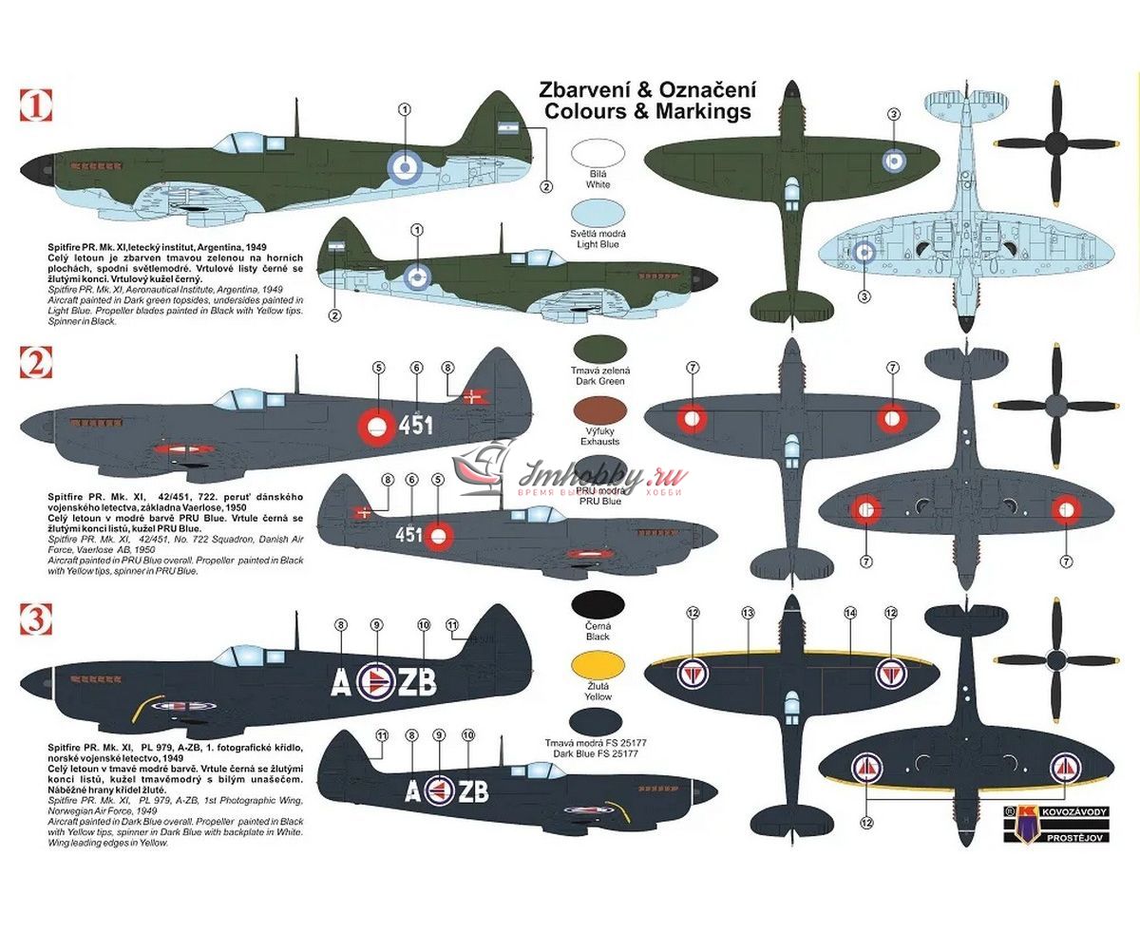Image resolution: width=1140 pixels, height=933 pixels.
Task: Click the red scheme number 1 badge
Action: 33,104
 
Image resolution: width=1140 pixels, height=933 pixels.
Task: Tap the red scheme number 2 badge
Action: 33,362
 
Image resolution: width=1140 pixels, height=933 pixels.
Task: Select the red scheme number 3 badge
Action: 33,620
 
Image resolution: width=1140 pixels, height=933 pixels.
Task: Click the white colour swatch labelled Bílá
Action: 598,155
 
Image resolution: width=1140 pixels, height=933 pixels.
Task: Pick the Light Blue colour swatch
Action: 598,213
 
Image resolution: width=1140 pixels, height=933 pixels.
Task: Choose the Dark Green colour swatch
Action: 598,349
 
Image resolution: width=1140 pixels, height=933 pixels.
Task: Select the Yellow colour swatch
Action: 598,670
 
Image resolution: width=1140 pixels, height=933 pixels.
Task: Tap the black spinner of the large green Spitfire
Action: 31,171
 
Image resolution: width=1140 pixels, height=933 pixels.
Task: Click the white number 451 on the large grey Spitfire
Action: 415,424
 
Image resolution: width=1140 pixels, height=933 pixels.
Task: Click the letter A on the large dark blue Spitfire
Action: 340,682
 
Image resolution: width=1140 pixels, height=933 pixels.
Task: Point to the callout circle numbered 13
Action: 748,614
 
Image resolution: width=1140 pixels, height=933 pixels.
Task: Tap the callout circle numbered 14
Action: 850,614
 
